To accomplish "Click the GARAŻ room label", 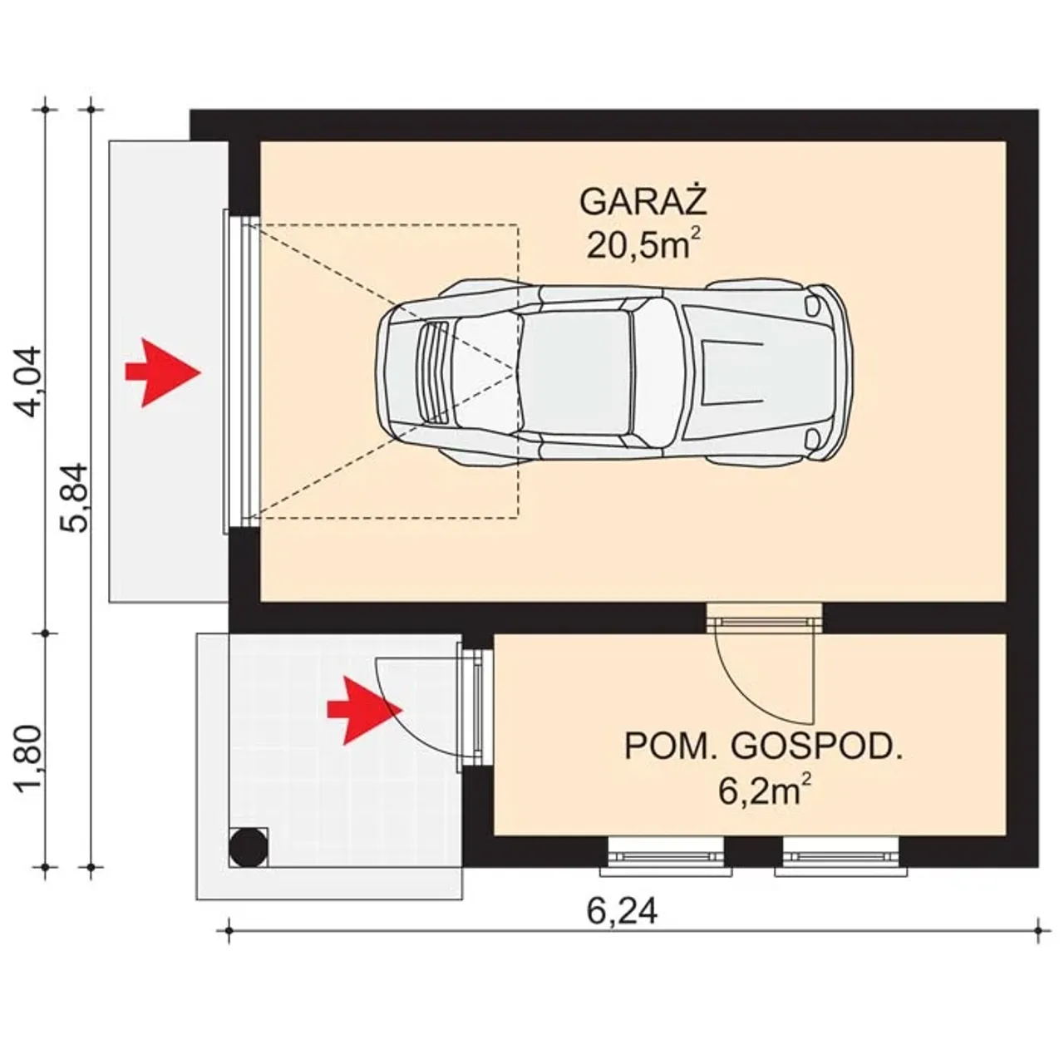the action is click(643, 202).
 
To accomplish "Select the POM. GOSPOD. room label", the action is click(764, 747).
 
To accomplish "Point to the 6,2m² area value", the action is click(766, 791).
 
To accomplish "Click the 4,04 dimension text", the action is click(27, 382).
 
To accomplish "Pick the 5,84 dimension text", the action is click(74, 497).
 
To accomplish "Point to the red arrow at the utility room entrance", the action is click(364, 710).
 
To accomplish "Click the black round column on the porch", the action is click(249, 847).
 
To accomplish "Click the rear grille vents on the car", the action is click(434, 372).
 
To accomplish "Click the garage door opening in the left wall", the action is click(241, 372).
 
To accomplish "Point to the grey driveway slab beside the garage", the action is click(169, 372).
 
